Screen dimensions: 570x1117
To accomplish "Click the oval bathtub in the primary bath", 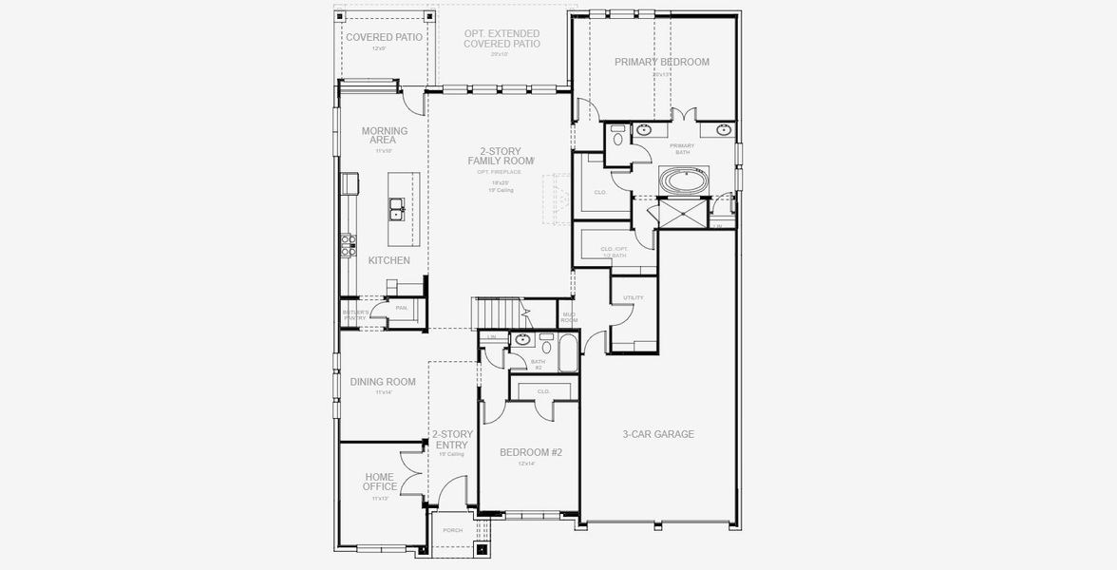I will click(x=684, y=180).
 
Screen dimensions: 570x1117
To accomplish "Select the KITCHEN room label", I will click(x=389, y=260).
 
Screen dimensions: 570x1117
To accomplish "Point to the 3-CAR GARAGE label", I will click(x=658, y=434).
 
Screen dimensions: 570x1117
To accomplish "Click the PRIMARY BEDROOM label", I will click(x=661, y=62).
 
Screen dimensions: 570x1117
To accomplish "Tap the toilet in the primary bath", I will click(x=618, y=139).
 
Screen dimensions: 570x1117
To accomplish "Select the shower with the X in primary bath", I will click(x=684, y=214).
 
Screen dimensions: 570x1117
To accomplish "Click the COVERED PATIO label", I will click(x=384, y=37).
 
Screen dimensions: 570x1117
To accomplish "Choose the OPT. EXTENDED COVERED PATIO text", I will click(x=502, y=39).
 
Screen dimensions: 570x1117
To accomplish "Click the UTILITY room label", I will click(x=634, y=298).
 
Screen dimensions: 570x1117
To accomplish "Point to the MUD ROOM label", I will click(x=569, y=317).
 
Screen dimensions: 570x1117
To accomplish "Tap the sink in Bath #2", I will click(x=522, y=338).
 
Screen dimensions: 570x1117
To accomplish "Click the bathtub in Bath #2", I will click(x=568, y=352).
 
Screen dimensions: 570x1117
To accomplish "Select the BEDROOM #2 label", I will click(x=531, y=453).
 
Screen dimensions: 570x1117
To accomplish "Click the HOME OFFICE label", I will click(x=380, y=482).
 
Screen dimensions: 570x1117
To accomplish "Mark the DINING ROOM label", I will click(x=383, y=382).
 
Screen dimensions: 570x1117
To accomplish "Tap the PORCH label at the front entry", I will click(x=453, y=530).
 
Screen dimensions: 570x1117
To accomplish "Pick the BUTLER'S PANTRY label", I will click(x=355, y=314).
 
